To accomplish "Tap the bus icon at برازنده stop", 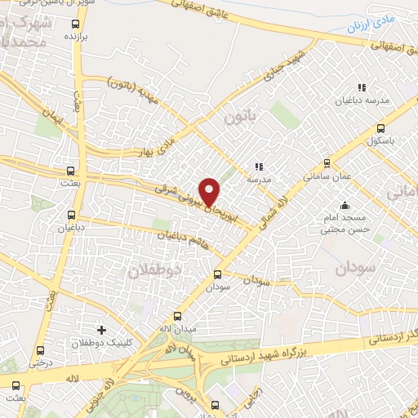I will pos(77,24).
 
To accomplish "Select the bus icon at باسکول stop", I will pos(380,128).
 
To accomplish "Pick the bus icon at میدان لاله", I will pos(178,315).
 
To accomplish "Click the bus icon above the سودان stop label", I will pos(217,275).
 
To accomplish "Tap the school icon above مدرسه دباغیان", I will pos(360,88).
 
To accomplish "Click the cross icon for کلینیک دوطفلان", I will pos(101,330).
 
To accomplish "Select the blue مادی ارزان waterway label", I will pos(371,25).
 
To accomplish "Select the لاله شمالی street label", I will pos(269,204).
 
